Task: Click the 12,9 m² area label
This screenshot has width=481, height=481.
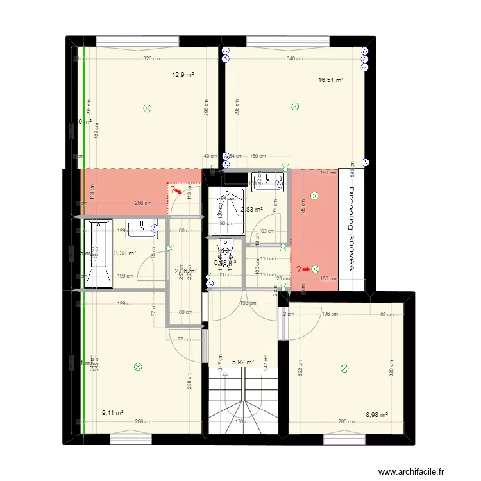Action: pyautogui.click(x=183, y=75)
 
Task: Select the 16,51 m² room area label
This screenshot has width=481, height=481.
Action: pyautogui.click(x=331, y=81)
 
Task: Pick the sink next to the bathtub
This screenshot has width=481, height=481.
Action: pyautogui.click(x=142, y=226)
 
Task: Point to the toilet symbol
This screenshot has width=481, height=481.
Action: pyautogui.click(x=225, y=246)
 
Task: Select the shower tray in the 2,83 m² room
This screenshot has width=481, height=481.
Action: pyautogui.click(x=228, y=211)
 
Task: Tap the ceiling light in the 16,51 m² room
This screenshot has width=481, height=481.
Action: pyautogui.click(x=294, y=106)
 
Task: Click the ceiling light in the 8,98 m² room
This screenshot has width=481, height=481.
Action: pyautogui.click(x=344, y=369)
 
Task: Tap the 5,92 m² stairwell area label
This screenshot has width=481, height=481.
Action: pyautogui.click(x=242, y=362)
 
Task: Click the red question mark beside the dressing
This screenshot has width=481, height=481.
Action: pyautogui.click(x=298, y=269)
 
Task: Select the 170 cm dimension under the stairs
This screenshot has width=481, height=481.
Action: pyautogui.click(x=244, y=422)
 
